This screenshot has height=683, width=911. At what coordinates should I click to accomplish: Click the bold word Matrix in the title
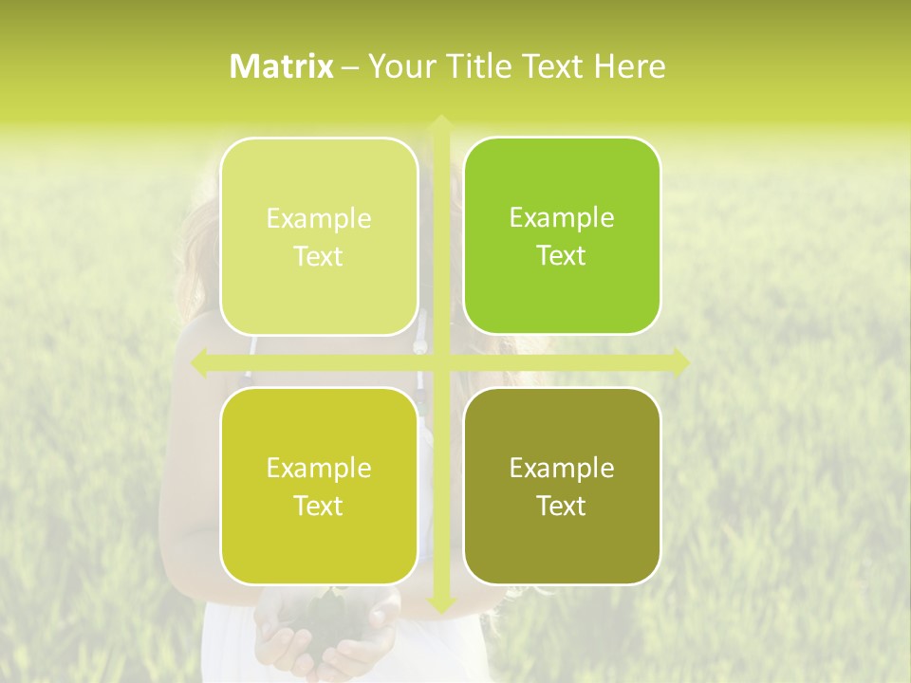coord(282,66)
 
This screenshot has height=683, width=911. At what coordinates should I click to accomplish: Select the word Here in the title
coord(629,66)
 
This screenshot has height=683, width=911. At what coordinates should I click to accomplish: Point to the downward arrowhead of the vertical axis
coord(440,603)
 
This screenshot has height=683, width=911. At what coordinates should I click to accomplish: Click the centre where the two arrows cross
coord(440,361)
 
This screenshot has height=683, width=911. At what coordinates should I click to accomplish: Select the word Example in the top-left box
coord(319,219)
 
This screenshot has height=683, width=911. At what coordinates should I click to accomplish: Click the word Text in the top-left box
coord(319,257)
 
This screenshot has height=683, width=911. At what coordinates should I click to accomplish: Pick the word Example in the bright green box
coord(562,218)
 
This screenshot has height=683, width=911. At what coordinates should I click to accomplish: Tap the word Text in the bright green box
coord(562,256)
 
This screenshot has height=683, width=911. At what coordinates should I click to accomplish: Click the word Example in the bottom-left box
coord(319,469)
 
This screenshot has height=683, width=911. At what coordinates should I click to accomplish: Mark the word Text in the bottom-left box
coord(319,507)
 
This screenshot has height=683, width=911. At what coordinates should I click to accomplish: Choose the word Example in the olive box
coord(562,469)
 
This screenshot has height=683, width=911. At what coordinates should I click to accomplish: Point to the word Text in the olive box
coord(562,507)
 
